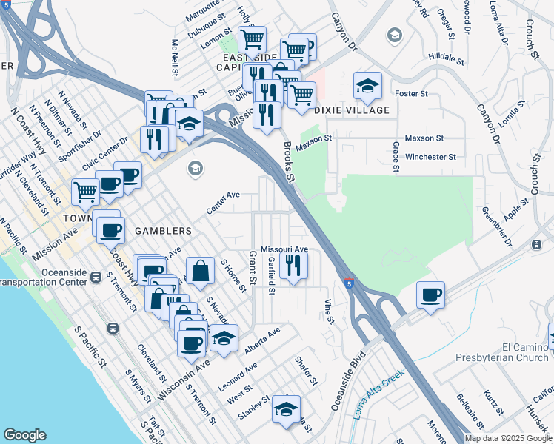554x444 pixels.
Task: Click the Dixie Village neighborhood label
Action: [x=352, y=110]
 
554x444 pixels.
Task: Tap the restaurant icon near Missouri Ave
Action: [x=293, y=266]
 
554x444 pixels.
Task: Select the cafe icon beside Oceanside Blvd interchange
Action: [x=430, y=295]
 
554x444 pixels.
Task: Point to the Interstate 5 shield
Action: [x=348, y=283]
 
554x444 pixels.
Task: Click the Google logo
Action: [x=24, y=435]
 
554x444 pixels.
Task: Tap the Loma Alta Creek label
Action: [x=378, y=394]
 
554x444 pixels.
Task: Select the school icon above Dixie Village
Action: [x=367, y=87]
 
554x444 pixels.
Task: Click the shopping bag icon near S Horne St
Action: [x=200, y=271]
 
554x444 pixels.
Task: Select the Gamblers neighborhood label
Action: [x=164, y=231]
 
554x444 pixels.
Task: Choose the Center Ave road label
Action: [x=224, y=203]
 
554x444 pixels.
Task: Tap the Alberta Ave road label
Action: [x=262, y=338]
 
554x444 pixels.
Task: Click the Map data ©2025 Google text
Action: [x=507, y=438]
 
